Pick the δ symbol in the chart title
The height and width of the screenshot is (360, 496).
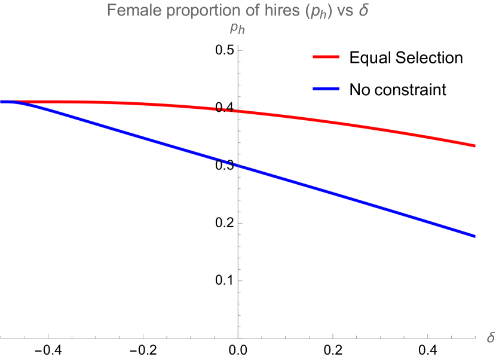(363, 11)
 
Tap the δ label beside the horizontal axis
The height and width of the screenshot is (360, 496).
(490, 338)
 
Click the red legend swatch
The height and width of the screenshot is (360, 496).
(326, 57)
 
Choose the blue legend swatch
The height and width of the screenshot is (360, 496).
(326, 89)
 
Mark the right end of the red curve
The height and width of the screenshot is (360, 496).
(474, 145)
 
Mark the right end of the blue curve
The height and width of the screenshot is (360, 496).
(474, 236)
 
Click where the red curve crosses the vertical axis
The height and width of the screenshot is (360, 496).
(238, 111)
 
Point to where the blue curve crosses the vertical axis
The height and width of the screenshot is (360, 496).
(238, 166)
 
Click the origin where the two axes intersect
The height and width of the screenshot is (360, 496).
(238, 338)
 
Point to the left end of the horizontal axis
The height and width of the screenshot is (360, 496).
(1, 338)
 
